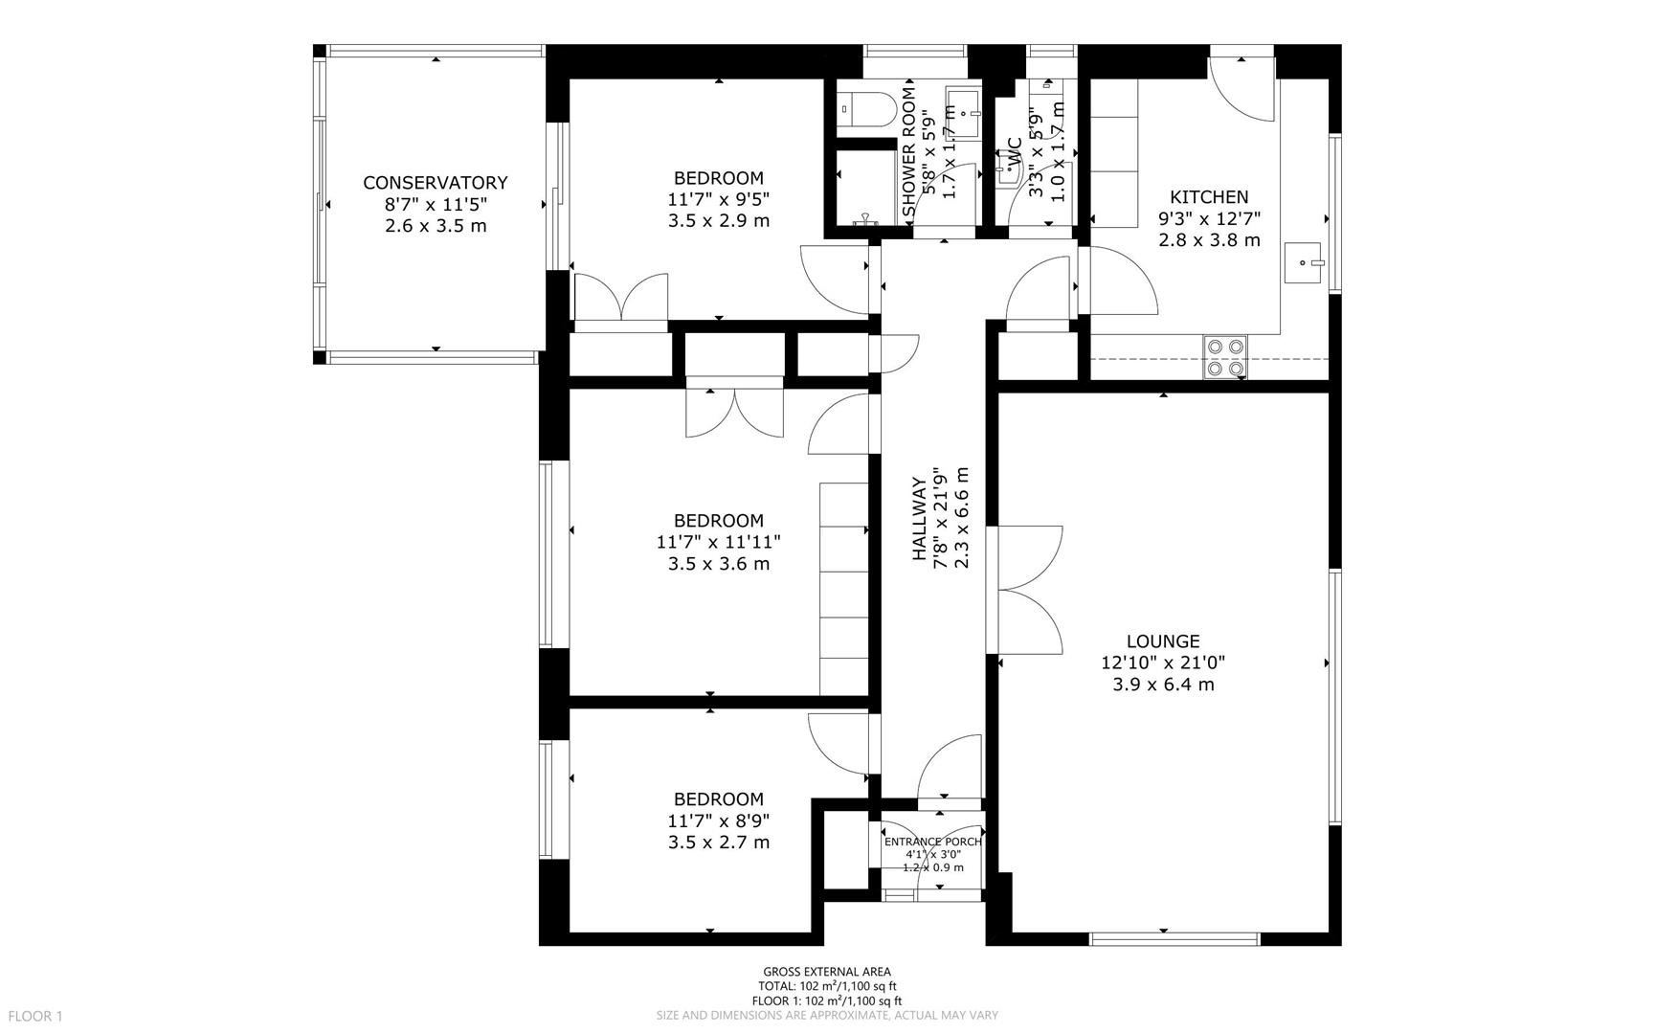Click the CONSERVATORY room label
435,183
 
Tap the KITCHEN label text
1209,197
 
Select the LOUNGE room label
1163,641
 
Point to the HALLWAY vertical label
919,518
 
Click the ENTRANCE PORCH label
933,842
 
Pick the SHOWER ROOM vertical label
909,151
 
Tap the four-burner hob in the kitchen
1225,357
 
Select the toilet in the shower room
864,110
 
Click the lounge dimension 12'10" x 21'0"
1163,663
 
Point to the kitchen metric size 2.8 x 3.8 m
1209,240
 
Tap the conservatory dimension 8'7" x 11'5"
436,204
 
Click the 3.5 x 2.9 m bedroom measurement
719,221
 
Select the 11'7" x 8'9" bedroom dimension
719,820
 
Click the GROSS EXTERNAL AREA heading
827,972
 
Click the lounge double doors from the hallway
1030,590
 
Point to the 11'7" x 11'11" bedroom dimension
719,542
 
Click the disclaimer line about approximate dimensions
827,1015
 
